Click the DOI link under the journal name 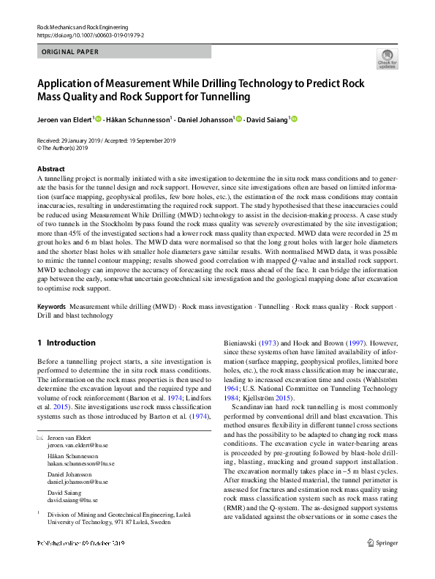90,34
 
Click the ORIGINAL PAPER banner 70,52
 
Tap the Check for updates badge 387,59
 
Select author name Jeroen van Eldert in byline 64,119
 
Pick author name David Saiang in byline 267,119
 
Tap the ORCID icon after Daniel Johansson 238,119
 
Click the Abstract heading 50,168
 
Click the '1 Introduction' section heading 66,343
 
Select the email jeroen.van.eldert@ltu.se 77,444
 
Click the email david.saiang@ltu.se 72,500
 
